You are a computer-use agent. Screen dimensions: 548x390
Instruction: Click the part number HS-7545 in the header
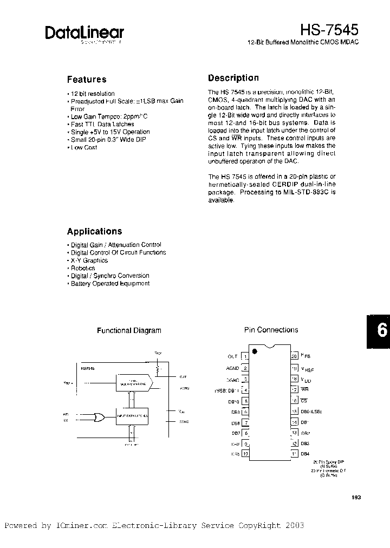coord(330,29)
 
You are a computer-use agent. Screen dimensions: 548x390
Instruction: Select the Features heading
coord(87,79)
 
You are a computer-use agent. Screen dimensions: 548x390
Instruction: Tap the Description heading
coord(233,78)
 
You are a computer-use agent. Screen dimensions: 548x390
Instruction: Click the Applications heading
coord(94,231)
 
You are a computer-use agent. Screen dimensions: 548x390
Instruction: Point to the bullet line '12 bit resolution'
coord(93,94)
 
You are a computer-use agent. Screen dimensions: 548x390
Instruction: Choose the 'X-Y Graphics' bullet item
coord(89,260)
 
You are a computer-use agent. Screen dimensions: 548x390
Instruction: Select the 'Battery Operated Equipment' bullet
coord(110,283)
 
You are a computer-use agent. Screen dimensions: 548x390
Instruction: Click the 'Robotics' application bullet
coord(83,268)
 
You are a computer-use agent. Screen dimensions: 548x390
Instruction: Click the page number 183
coord(355,498)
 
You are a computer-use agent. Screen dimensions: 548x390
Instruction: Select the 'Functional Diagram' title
coord(129,330)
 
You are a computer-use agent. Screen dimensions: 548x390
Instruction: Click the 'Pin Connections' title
coord(271,330)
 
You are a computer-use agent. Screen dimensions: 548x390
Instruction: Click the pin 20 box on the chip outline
coord(294,356)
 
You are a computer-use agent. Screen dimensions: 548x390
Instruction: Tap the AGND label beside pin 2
coord(233,368)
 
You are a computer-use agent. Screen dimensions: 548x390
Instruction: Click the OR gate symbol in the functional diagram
coord(99,416)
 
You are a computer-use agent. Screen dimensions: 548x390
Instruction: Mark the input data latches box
coord(133,416)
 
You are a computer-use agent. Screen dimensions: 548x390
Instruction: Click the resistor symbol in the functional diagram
coord(158,369)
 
